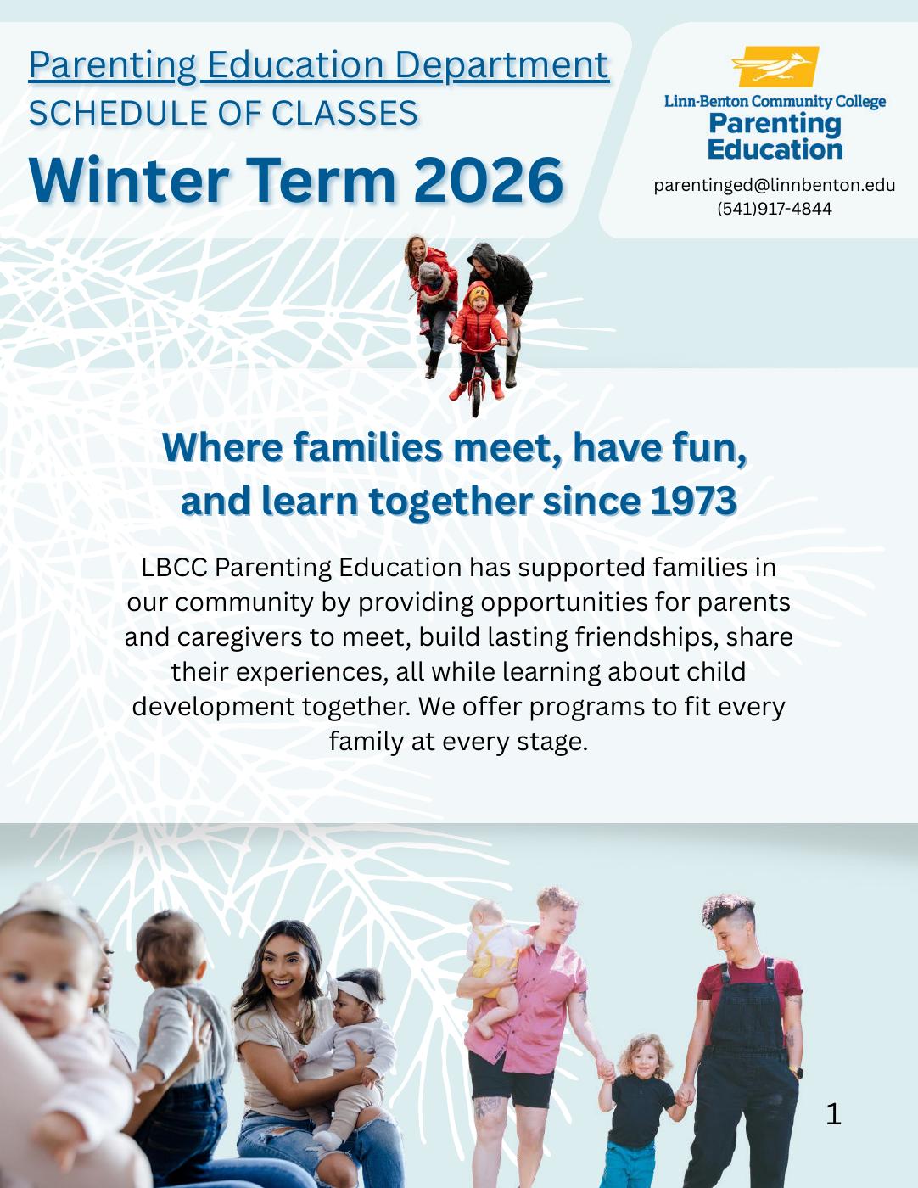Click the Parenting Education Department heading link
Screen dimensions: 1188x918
tap(318, 65)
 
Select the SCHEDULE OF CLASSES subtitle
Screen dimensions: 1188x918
tap(222, 113)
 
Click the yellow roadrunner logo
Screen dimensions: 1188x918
tap(775, 67)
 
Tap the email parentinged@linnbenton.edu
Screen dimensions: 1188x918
tap(774, 185)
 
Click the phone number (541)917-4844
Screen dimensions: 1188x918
tap(774, 209)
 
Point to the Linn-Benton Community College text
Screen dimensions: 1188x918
tap(774, 102)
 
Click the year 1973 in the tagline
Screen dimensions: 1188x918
tap(693, 502)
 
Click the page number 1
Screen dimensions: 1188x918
tap(833, 1113)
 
